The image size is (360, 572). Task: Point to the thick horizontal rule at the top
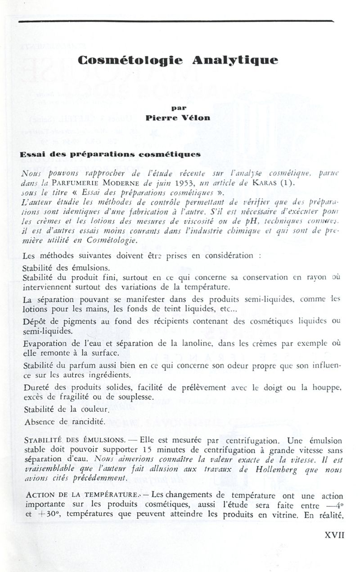(175, 21)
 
